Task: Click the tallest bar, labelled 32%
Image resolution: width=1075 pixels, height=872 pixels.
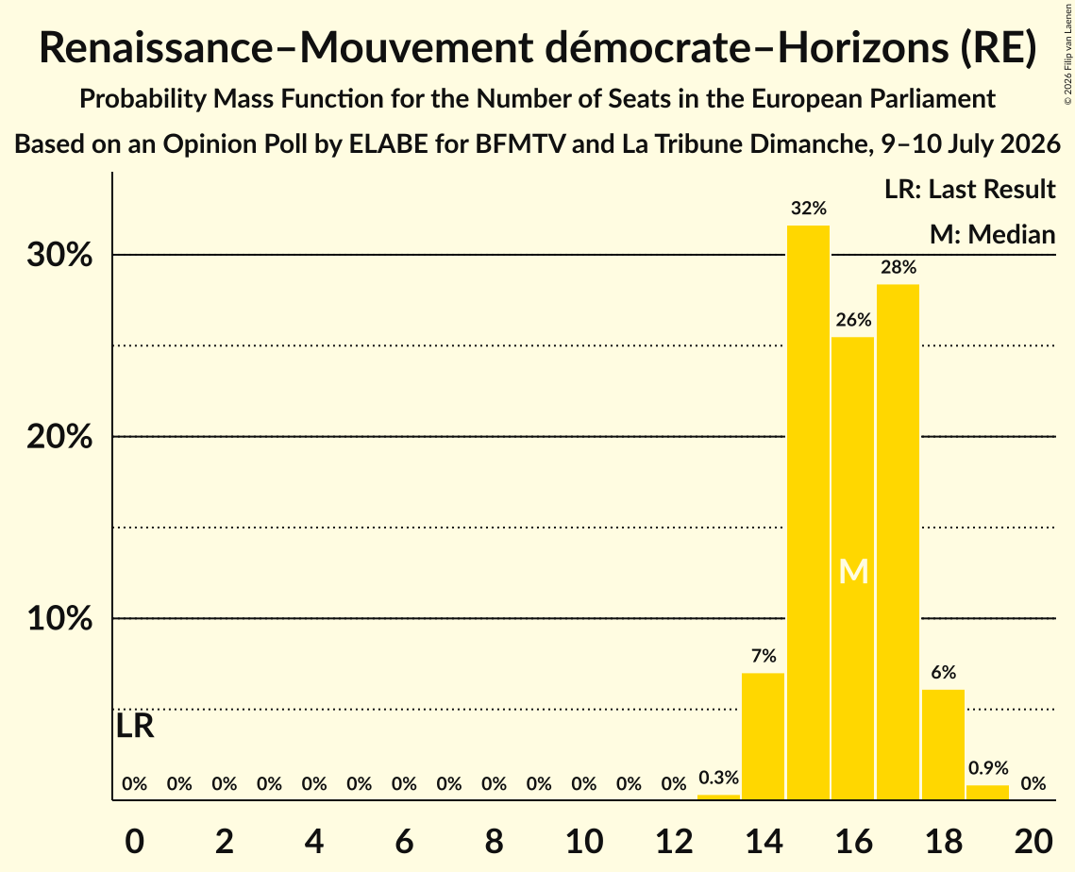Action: coord(808,512)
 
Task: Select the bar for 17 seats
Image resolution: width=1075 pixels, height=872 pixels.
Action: coord(899,542)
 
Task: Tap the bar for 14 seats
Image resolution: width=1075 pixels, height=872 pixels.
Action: coord(763,736)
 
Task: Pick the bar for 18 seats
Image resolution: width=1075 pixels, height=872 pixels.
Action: coord(944,745)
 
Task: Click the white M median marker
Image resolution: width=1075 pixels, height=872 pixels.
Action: coord(853,571)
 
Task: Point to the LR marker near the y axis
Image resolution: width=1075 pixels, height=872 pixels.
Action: coord(135,726)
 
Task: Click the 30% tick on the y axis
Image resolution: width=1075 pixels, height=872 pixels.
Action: coord(59,255)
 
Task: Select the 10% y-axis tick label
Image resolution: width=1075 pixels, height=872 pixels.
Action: coord(59,618)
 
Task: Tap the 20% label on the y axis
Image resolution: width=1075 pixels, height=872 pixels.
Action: coord(59,437)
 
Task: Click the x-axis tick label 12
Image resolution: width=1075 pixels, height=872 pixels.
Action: coord(674,841)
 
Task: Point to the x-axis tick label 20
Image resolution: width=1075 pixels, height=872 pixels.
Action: coord(1033,841)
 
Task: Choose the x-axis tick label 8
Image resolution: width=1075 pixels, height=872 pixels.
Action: coord(495,841)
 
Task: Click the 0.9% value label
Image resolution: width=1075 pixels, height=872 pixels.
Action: coord(988,768)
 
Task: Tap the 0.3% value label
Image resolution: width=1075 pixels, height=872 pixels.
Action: coord(718,778)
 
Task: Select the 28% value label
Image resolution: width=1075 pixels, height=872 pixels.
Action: coord(899,267)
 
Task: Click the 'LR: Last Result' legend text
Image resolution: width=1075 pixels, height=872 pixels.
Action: coord(969,189)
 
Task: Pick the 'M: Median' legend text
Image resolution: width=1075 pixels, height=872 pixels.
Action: coord(992,234)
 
